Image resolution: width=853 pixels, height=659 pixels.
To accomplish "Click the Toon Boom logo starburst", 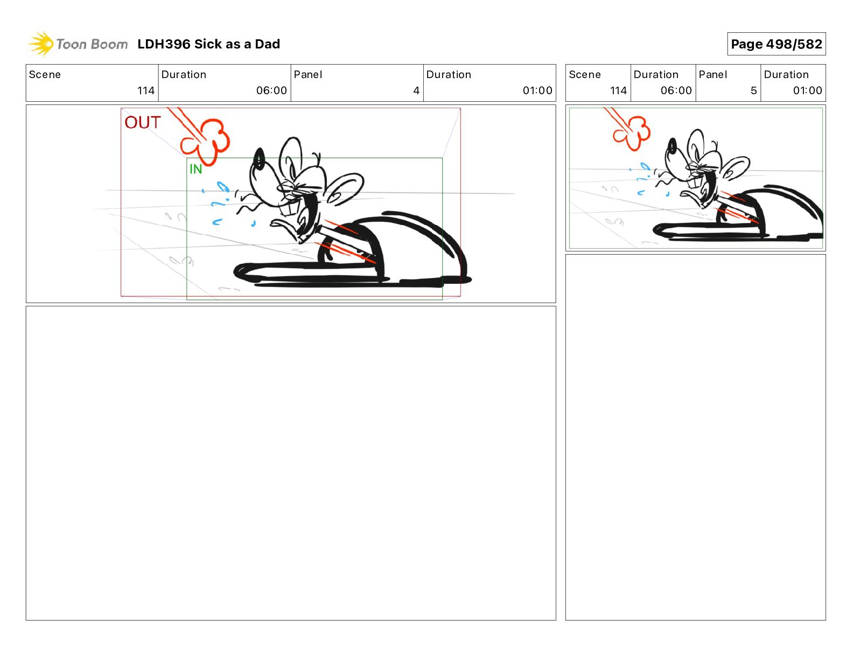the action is pos(41,44).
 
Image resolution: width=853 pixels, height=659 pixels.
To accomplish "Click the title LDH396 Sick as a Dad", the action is pos(208,44).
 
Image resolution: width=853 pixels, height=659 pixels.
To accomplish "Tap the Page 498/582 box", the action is pos(776,44).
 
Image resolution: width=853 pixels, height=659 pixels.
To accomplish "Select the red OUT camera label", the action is pos(143,122).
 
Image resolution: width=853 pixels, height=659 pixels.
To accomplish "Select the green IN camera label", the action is pos(195,169).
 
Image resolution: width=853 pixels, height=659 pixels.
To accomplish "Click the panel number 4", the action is pos(416,90).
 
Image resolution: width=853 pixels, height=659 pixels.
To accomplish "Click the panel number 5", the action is pos(753,90).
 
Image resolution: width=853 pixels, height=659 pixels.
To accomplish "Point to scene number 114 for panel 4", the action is pos(145,90).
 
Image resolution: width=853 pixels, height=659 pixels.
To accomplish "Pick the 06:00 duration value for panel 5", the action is pos(676,90).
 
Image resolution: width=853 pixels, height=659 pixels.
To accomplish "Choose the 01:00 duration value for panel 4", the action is pos(537,90).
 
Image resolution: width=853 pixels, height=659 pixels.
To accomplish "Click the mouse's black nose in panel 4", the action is pos(259,159).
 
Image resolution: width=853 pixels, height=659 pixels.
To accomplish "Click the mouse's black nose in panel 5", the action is pos(673,146).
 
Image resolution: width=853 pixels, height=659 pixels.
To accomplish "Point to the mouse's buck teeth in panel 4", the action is pos(289,207).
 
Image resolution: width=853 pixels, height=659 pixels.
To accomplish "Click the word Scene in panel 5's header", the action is pos(584,75).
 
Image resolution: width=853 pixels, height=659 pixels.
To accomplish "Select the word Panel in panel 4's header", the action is pos(307,75).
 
